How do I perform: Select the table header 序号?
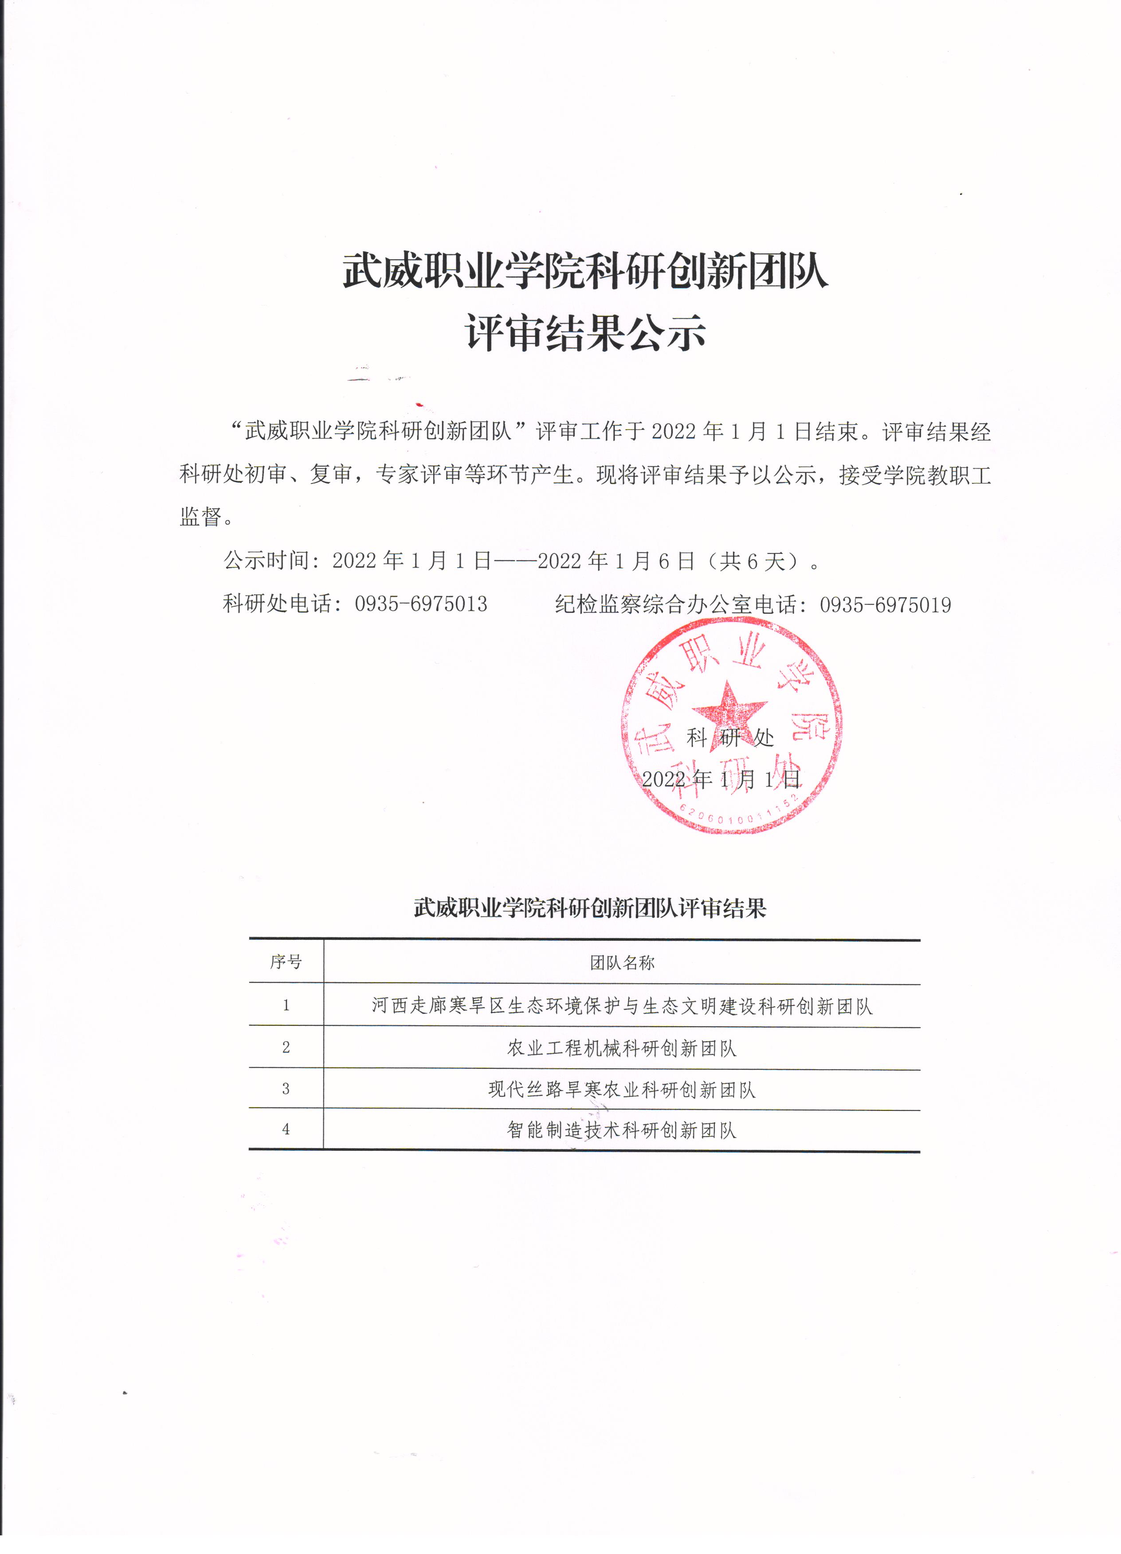[286, 962]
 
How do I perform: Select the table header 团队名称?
[622, 963]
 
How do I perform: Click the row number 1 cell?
[286, 1005]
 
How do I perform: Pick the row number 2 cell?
[286, 1047]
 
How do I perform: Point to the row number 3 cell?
[286, 1089]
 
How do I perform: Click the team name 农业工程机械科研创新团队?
[622, 1048]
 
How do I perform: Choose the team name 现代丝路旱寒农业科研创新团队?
[622, 1090]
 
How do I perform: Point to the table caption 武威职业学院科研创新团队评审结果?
[590, 908]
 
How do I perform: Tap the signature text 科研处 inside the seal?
[730, 738]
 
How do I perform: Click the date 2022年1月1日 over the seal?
[721, 779]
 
